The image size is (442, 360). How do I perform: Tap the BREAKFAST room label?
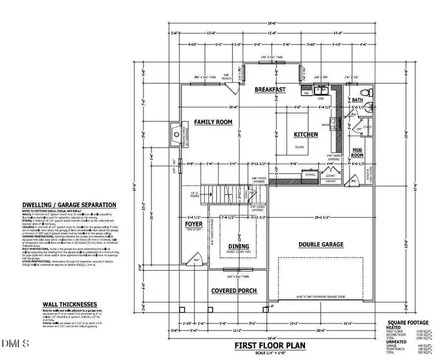coord(269,89)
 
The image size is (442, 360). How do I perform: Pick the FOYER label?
coord(195,226)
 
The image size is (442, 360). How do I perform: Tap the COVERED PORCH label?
coord(234,291)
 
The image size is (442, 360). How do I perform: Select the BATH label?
coord(357,100)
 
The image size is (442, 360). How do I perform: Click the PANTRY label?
coord(330,179)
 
